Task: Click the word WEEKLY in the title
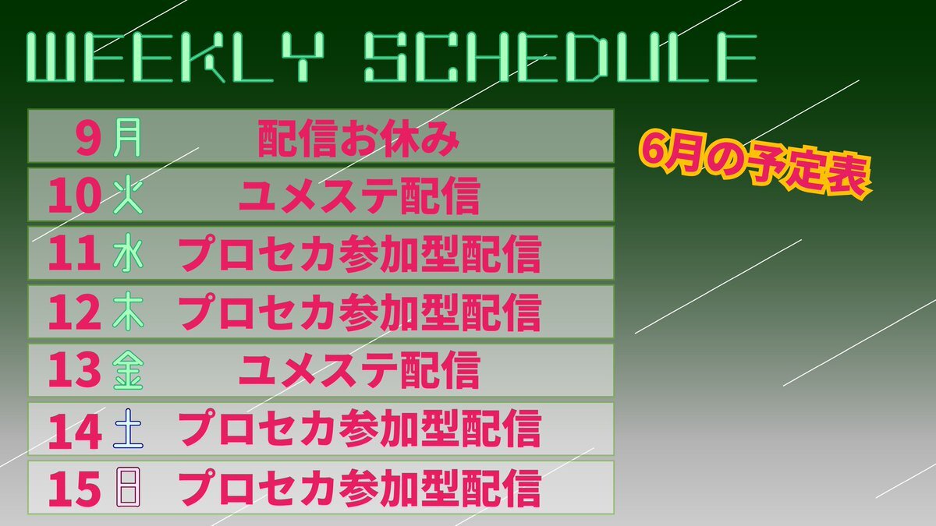[176, 57]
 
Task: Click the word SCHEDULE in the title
[561, 57]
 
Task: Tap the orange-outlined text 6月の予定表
[756, 167]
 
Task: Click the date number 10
[75, 196]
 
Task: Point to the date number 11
[75, 254]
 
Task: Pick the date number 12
[75, 312]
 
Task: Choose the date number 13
[75, 370]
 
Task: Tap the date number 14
[75, 431]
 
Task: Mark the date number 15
[75, 489]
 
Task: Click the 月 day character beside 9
[127, 137]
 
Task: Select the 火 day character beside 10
[128, 196]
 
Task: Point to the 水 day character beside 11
[128, 254]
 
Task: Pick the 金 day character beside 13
[128, 370]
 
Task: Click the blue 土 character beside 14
[128, 429]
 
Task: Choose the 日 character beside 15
[128, 487]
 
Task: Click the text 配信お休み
[359, 139]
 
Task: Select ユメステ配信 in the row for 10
[360, 196]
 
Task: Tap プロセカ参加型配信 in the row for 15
[360, 488]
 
